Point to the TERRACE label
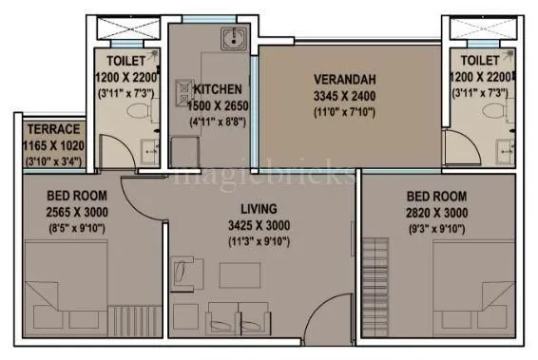[52, 130]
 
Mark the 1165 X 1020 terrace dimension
[52, 146]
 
